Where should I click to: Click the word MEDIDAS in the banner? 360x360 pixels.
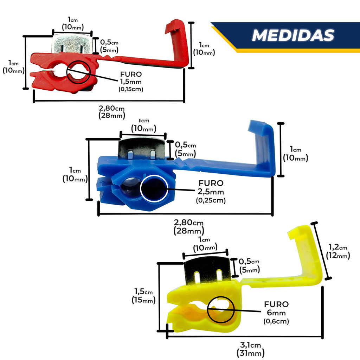[x=293, y=35]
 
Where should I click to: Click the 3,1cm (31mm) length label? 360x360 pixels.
[x=251, y=349]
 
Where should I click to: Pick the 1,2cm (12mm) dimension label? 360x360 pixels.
[x=338, y=252]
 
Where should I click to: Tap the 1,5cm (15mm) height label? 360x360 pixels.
[x=144, y=296]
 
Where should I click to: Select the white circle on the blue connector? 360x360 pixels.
[x=154, y=189]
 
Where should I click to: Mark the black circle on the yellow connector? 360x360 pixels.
[x=220, y=310]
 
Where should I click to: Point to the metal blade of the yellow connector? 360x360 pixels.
[x=208, y=269]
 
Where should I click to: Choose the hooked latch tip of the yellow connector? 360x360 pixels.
[x=299, y=232]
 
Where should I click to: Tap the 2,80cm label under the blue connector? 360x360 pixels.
[x=189, y=227]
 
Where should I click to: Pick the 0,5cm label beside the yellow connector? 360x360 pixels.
[x=249, y=265]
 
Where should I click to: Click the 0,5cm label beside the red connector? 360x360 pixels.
[x=109, y=46]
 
